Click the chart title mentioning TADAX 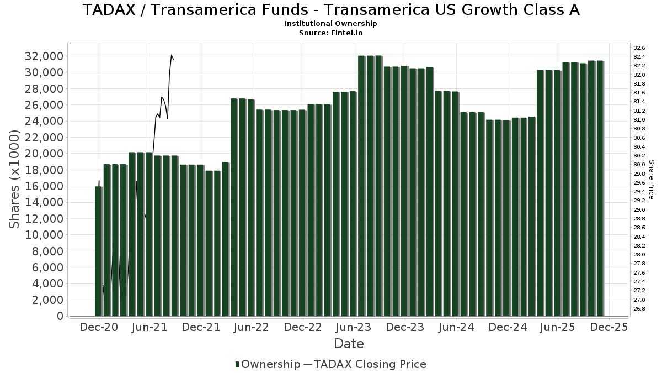331,10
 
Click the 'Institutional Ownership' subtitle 331,24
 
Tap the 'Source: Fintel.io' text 331,33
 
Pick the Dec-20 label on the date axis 99,327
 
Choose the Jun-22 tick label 252,327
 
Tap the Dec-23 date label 404,327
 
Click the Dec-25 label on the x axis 608,327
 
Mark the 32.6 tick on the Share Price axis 639,48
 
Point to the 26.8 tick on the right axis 639,308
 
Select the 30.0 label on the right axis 639,164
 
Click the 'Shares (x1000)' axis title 15,180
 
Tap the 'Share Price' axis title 651,180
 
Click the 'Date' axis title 349,344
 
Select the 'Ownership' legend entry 268,364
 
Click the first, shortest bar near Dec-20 98,251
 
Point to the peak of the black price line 172,55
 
